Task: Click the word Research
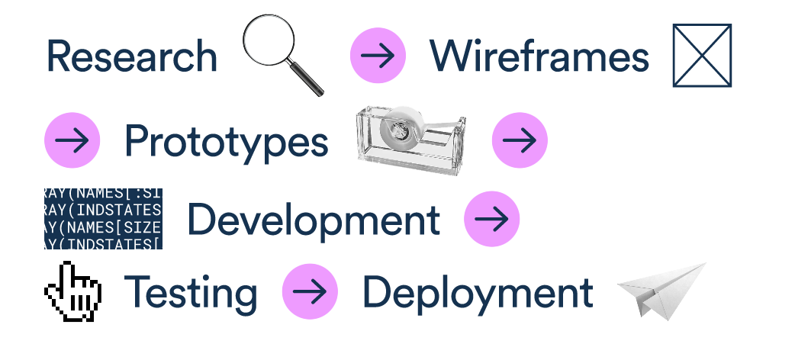coord(131,56)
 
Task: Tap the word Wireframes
coord(539,56)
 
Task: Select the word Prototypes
coord(226,142)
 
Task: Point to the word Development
coord(313,220)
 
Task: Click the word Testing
coord(191,293)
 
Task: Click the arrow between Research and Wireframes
coord(378,56)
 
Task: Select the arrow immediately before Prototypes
coord(72,140)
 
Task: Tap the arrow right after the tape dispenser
coord(520,140)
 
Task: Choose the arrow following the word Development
coord(491,219)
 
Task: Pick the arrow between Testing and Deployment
coord(310,291)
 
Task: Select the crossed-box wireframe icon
coord(702,55)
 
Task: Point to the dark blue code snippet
coord(103,219)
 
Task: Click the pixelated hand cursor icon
coord(72,291)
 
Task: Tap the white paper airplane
coord(659,291)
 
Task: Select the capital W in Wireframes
coord(451,56)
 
